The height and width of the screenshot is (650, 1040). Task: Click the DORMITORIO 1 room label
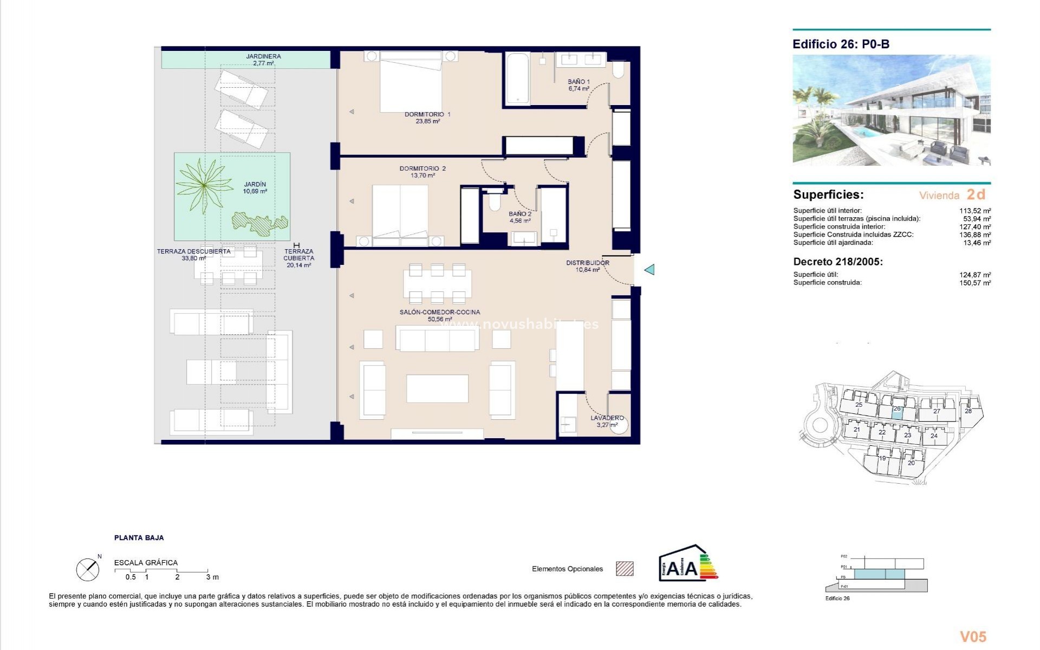coord(427,114)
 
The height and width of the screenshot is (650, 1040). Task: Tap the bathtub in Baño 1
coord(518,79)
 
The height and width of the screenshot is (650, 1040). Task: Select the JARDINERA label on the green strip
coord(263,56)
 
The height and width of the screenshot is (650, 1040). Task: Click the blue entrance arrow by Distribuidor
coord(649,269)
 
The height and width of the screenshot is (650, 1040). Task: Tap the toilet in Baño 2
coord(494,203)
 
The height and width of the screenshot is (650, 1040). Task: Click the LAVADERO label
coord(607,418)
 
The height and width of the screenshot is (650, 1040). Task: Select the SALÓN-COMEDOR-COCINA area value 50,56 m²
coord(439,320)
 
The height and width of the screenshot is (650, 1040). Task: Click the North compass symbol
coord(88,569)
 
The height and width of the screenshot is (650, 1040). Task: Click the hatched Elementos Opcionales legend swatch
coord(625,569)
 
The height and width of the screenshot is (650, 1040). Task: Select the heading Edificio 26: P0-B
coord(841,44)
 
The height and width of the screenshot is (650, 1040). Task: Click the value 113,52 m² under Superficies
coord(974,211)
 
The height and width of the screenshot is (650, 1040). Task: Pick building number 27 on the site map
coord(937,412)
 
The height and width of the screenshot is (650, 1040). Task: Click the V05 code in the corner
coord(973,636)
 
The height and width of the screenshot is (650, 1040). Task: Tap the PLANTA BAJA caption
coord(139,538)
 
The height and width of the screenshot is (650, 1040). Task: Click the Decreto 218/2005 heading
coord(838,262)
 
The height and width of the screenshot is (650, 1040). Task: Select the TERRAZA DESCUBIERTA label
coord(193,251)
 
